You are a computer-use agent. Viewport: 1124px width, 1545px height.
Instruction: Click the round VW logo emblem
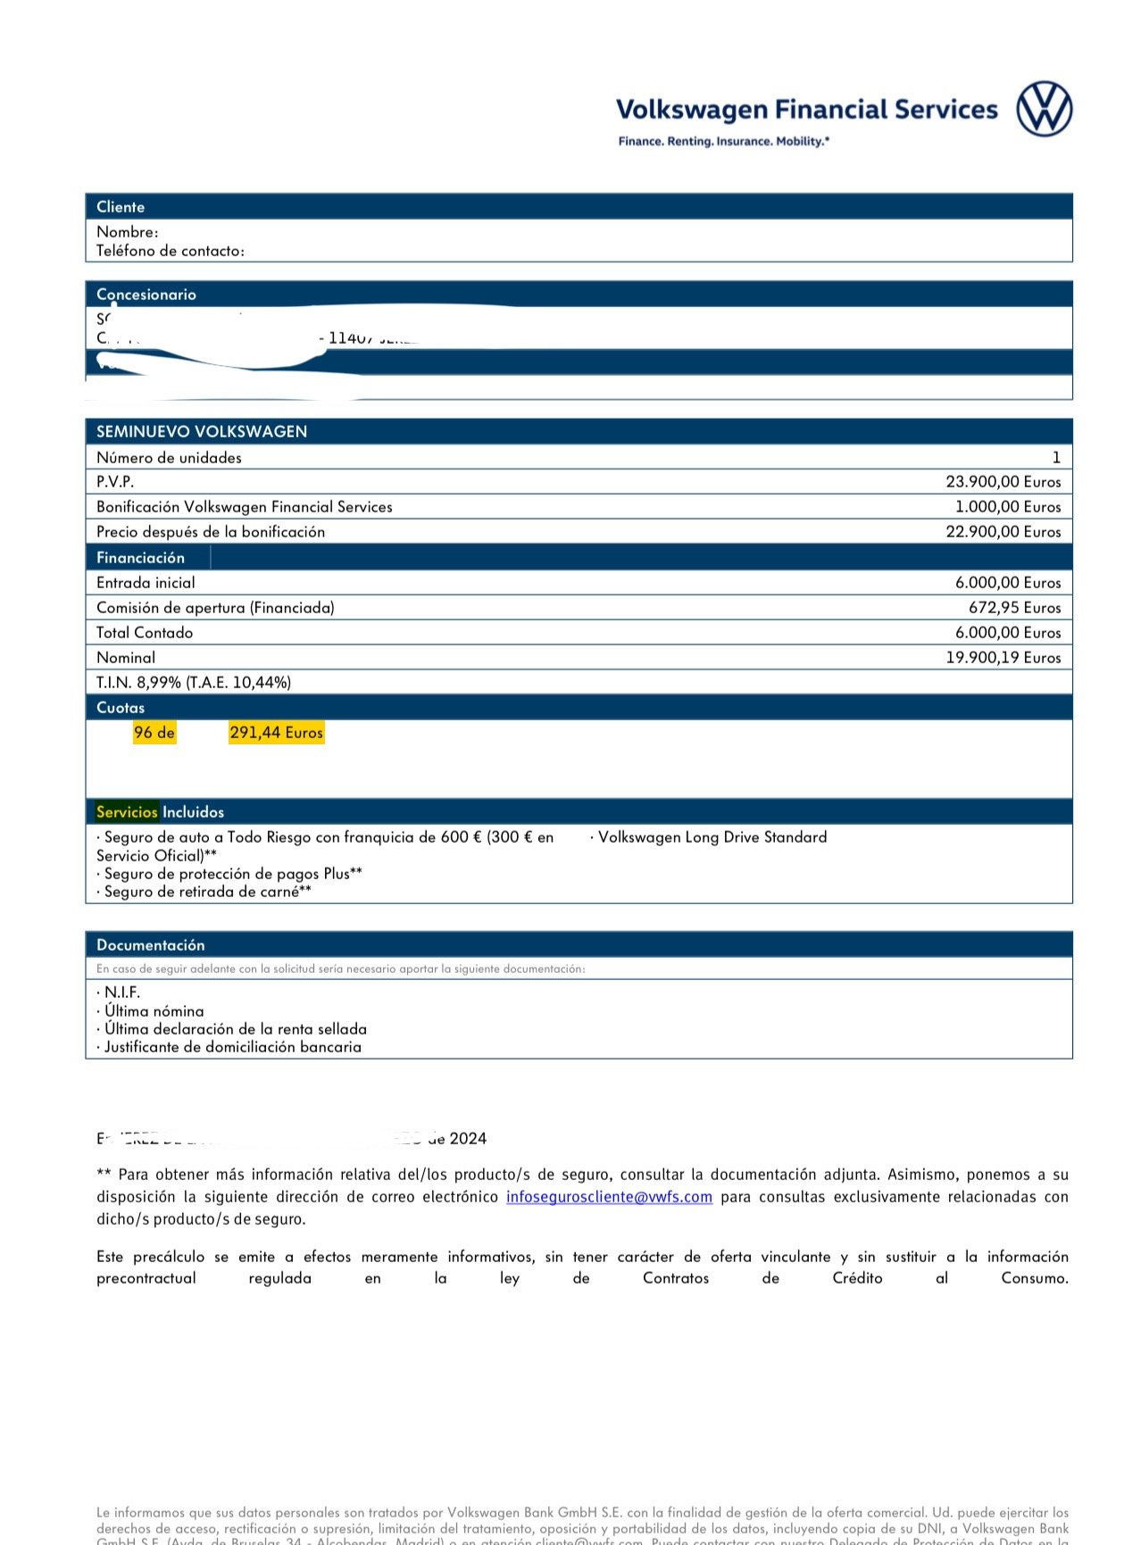[x=1044, y=109]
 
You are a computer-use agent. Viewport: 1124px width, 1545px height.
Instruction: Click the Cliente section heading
[x=121, y=207]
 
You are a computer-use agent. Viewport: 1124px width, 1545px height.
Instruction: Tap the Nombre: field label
[x=128, y=232]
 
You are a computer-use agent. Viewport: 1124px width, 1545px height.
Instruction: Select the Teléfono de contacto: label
[x=171, y=251]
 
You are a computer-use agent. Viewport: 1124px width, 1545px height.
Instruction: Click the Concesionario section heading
[x=146, y=295]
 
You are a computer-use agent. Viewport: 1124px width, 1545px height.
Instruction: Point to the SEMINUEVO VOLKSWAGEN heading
[x=202, y=432]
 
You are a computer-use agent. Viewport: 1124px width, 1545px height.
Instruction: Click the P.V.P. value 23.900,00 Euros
[x=1003, y=482]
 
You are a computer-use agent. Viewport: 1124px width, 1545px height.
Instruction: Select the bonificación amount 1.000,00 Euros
[x=1008, y=507]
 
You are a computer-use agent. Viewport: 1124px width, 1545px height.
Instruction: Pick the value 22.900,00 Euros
[x=1003, y=532]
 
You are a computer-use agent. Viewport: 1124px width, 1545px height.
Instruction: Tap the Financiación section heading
[x=141, y=558]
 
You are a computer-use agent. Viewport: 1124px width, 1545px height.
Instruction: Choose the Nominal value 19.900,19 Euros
[x=1003, y=658]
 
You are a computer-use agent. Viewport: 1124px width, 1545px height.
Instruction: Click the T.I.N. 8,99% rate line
[x=194, y=683]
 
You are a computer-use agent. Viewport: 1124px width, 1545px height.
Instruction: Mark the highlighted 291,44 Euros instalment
[x=276, y=733]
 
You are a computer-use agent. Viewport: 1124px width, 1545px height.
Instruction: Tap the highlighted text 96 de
[x=154, y=733]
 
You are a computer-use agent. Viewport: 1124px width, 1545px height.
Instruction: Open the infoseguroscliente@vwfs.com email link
[x=609, y=1197]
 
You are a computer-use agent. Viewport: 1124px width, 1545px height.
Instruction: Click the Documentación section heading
[x=151, y=945]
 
